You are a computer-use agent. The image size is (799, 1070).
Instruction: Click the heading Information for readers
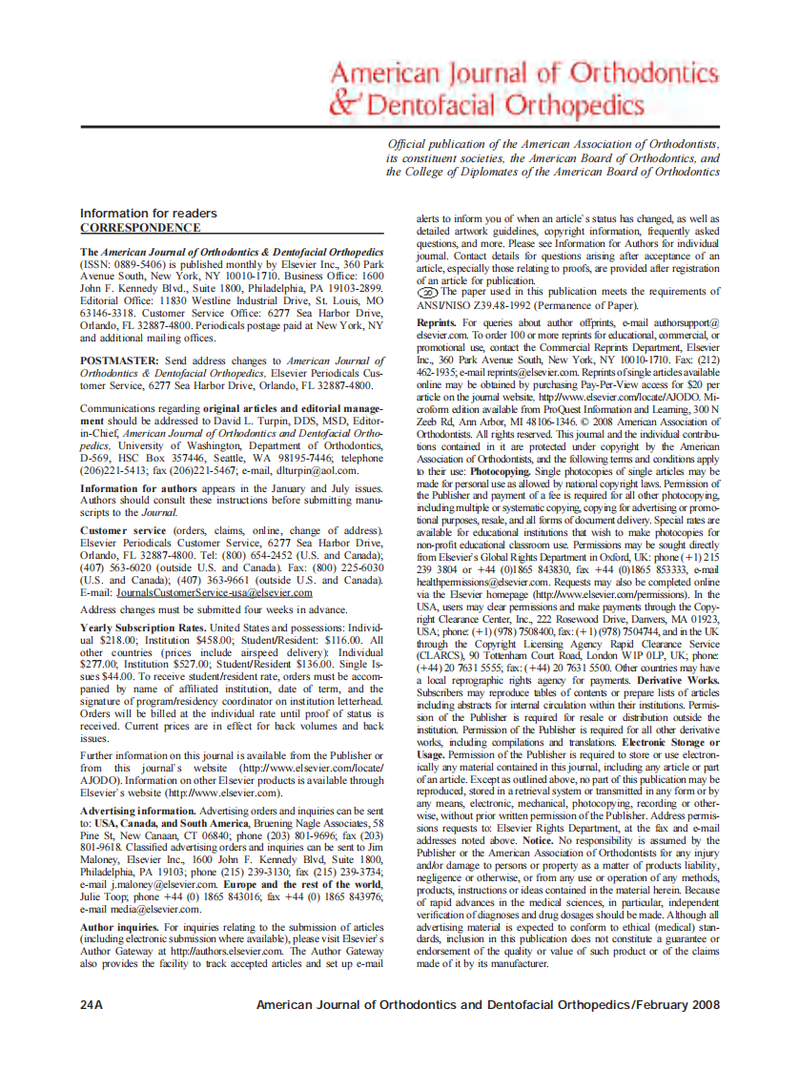tap(148, 213)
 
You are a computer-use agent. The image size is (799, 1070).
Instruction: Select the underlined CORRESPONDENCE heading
tap(140, 228)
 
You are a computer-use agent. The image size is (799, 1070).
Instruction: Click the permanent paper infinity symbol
tap(429, 293)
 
